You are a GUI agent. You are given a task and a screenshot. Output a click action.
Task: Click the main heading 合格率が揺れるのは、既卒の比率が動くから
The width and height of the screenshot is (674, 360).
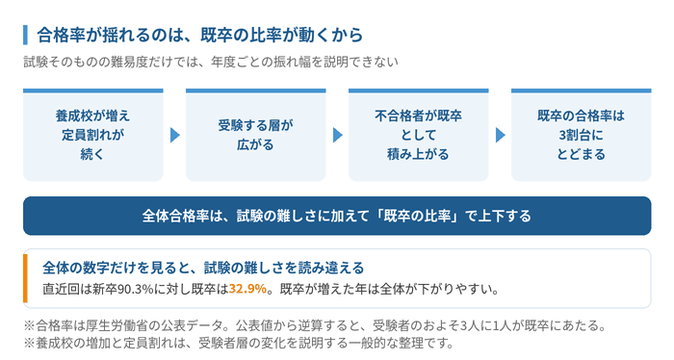pyautogui.click(x=200, y=35)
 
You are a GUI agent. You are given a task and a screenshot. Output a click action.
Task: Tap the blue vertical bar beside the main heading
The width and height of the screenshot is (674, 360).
pyautogui.click(x=25, y=35)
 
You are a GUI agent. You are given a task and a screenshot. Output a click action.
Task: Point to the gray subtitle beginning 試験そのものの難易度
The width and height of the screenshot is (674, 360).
pyautogui.click(x=211, y=63)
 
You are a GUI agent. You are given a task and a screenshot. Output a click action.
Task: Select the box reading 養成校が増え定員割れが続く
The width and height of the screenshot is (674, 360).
pyautogui.click(x=92, y=135)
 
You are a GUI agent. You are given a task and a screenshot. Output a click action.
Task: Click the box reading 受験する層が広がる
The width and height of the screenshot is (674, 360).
pyautogui.click(x=256, y=135)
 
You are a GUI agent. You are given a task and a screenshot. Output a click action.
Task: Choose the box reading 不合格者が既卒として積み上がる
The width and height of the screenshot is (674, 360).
pyautogui.click(x=418, y=135)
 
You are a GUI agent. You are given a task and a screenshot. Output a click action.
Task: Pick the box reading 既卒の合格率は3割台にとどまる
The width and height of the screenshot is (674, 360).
pyautogui.click(x=582, y=135)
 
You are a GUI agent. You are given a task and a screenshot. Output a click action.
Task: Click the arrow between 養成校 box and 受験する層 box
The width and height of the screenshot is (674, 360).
pyautogui.click(x=174, y=135)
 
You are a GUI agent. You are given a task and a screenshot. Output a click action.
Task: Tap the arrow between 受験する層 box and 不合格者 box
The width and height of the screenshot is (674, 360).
pyautogui.click(x=337, y=135)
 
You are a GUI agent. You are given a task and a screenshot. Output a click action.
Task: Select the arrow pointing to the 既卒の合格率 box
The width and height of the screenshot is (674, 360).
pyautogui.click(x=500, y=135)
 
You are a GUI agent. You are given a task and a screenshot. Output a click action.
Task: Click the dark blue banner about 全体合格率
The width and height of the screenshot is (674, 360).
pyautogui.click(x=337, y=216)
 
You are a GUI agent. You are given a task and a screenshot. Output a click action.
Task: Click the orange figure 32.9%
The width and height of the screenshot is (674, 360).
pyautogui.click(x=247, y=289)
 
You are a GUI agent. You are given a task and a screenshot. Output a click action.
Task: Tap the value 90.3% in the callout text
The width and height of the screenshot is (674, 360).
pyautogui.click(x=136, y=289)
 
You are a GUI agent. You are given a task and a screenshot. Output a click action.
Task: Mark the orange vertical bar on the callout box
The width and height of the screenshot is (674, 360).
pyautogui.click(x=25, y=278)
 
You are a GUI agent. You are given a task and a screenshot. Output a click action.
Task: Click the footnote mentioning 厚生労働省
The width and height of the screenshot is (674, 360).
pyautogui.click(x=314, y=325)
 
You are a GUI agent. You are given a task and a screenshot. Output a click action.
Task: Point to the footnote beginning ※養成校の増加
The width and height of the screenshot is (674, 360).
pyautogui.click(x=239, y=344)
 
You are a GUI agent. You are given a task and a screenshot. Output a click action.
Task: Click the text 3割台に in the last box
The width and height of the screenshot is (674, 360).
pyautogui.click(x=582, y=135)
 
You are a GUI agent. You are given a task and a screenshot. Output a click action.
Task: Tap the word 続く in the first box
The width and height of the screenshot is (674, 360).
pyautogui.click(x=92, y=154)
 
